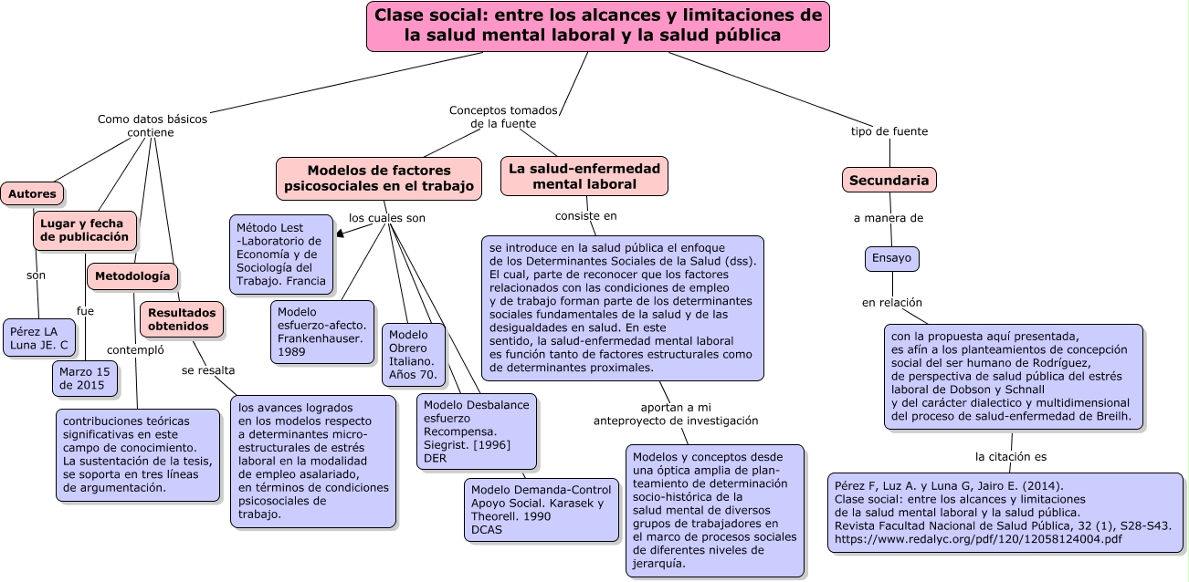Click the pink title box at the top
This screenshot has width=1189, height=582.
(x=597, y=26)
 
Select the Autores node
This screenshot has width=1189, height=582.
(x=32, y=193)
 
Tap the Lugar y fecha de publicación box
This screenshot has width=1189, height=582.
(x=84, y=230)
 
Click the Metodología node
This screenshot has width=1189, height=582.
(x=132, y=276)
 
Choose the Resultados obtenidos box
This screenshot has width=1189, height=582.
(x=182, y=319)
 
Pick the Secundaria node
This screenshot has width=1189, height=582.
(x=889, y=181)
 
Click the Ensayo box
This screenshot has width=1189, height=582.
(x=891, y=258)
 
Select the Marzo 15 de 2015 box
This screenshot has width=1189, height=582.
(x=84, y=378)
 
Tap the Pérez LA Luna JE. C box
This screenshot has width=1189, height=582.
(x=38, y=338)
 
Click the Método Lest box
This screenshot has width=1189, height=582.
(x=280, y=255)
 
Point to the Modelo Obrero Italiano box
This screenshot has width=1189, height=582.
(x=413, y=355)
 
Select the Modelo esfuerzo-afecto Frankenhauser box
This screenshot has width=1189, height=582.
(x=321, y=332)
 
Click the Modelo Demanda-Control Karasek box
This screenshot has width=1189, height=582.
(x=541, y=510)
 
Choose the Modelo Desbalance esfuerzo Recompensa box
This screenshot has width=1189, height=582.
(x=476, y=431)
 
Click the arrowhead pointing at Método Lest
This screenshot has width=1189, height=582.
(x=341, y=234)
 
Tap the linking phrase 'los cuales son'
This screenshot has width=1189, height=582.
(x=387, y=218)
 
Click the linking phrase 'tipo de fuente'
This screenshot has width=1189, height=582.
(x=889, y=131)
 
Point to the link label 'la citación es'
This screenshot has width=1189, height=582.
(x=1011, y=456)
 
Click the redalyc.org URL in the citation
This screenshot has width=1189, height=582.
(x=978, y=539)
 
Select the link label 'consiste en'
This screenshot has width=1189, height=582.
(x=586, y=215)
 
